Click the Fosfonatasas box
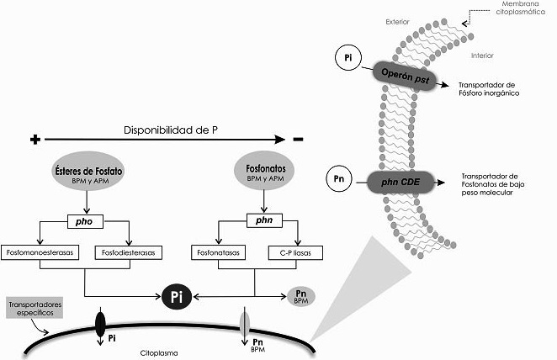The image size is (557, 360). pyautogui.click(x=220, y=252)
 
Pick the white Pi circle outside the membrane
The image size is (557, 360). pyautogui.click(x=347, y=58)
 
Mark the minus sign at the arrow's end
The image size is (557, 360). pyautogui.click(x=298, y=139)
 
